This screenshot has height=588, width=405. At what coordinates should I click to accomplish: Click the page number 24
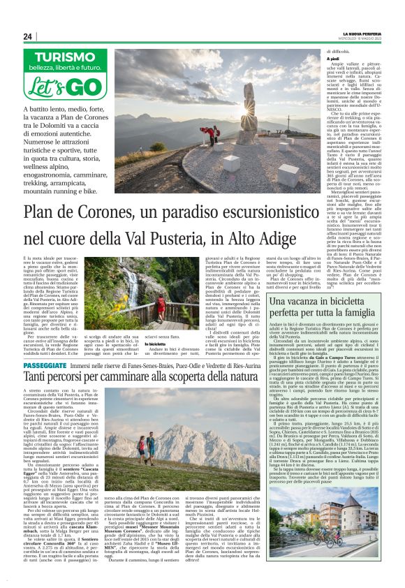tap(28, 36)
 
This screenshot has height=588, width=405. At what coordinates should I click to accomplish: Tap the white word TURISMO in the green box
tap(66, 59)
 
